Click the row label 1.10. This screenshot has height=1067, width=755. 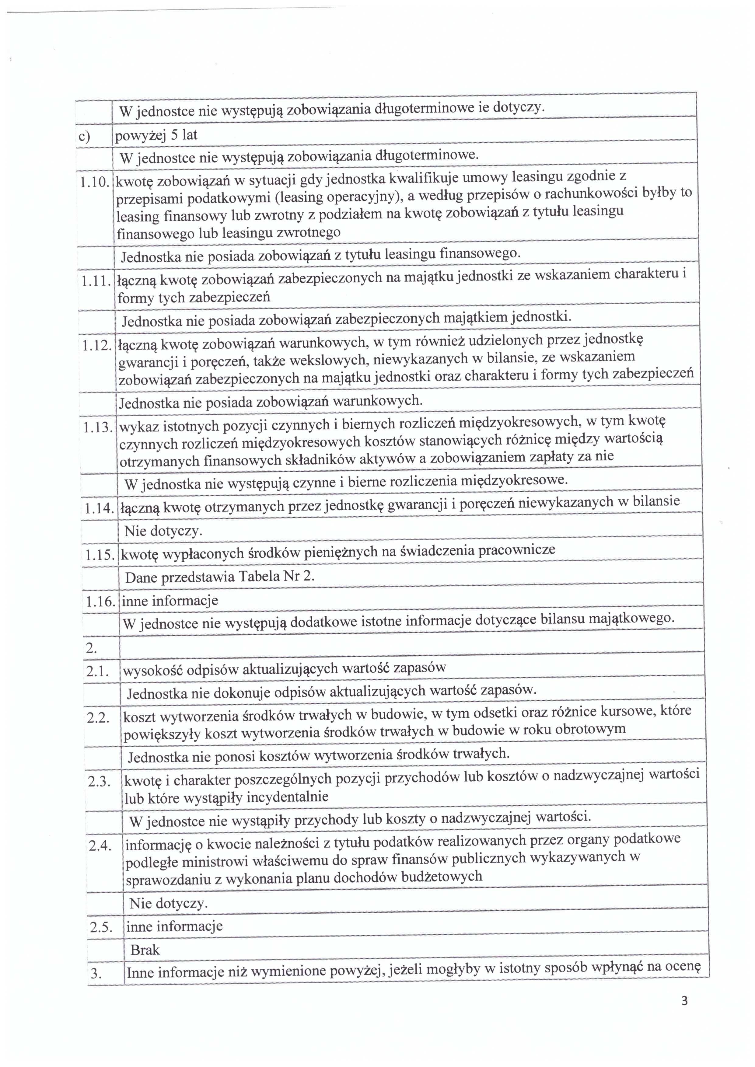coord(94,183)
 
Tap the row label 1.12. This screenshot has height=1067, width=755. coord(97,346)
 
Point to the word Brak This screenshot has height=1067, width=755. coord(145,950)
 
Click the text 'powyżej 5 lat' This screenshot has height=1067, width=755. coord(156,135)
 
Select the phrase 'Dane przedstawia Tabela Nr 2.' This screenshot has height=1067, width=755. coord(220,577)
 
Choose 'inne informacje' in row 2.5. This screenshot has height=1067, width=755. coord(174,926)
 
